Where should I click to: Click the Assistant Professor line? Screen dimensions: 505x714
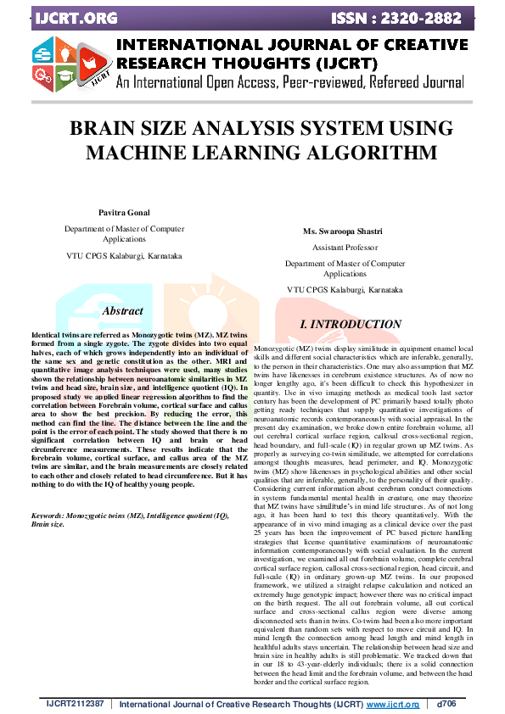[345, 248]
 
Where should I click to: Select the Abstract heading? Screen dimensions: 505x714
[122, 312]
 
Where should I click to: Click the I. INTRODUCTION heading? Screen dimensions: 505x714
[351, 325]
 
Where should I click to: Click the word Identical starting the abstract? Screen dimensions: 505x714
[48, 337]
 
